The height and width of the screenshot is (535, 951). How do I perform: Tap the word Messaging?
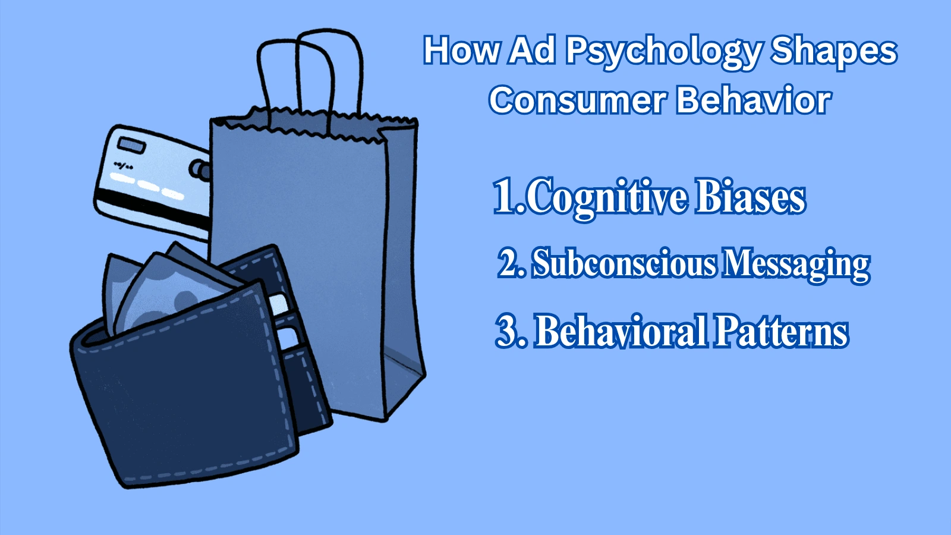click(x=796, y=265)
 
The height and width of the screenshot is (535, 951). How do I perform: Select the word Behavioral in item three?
click(x=621, y=331)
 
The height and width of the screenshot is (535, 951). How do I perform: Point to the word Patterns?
click(x=781, y=331)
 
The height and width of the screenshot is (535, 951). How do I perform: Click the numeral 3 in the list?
click(x=506, y=331)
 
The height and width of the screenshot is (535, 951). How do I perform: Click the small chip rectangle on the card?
click(x=131, y=145)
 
